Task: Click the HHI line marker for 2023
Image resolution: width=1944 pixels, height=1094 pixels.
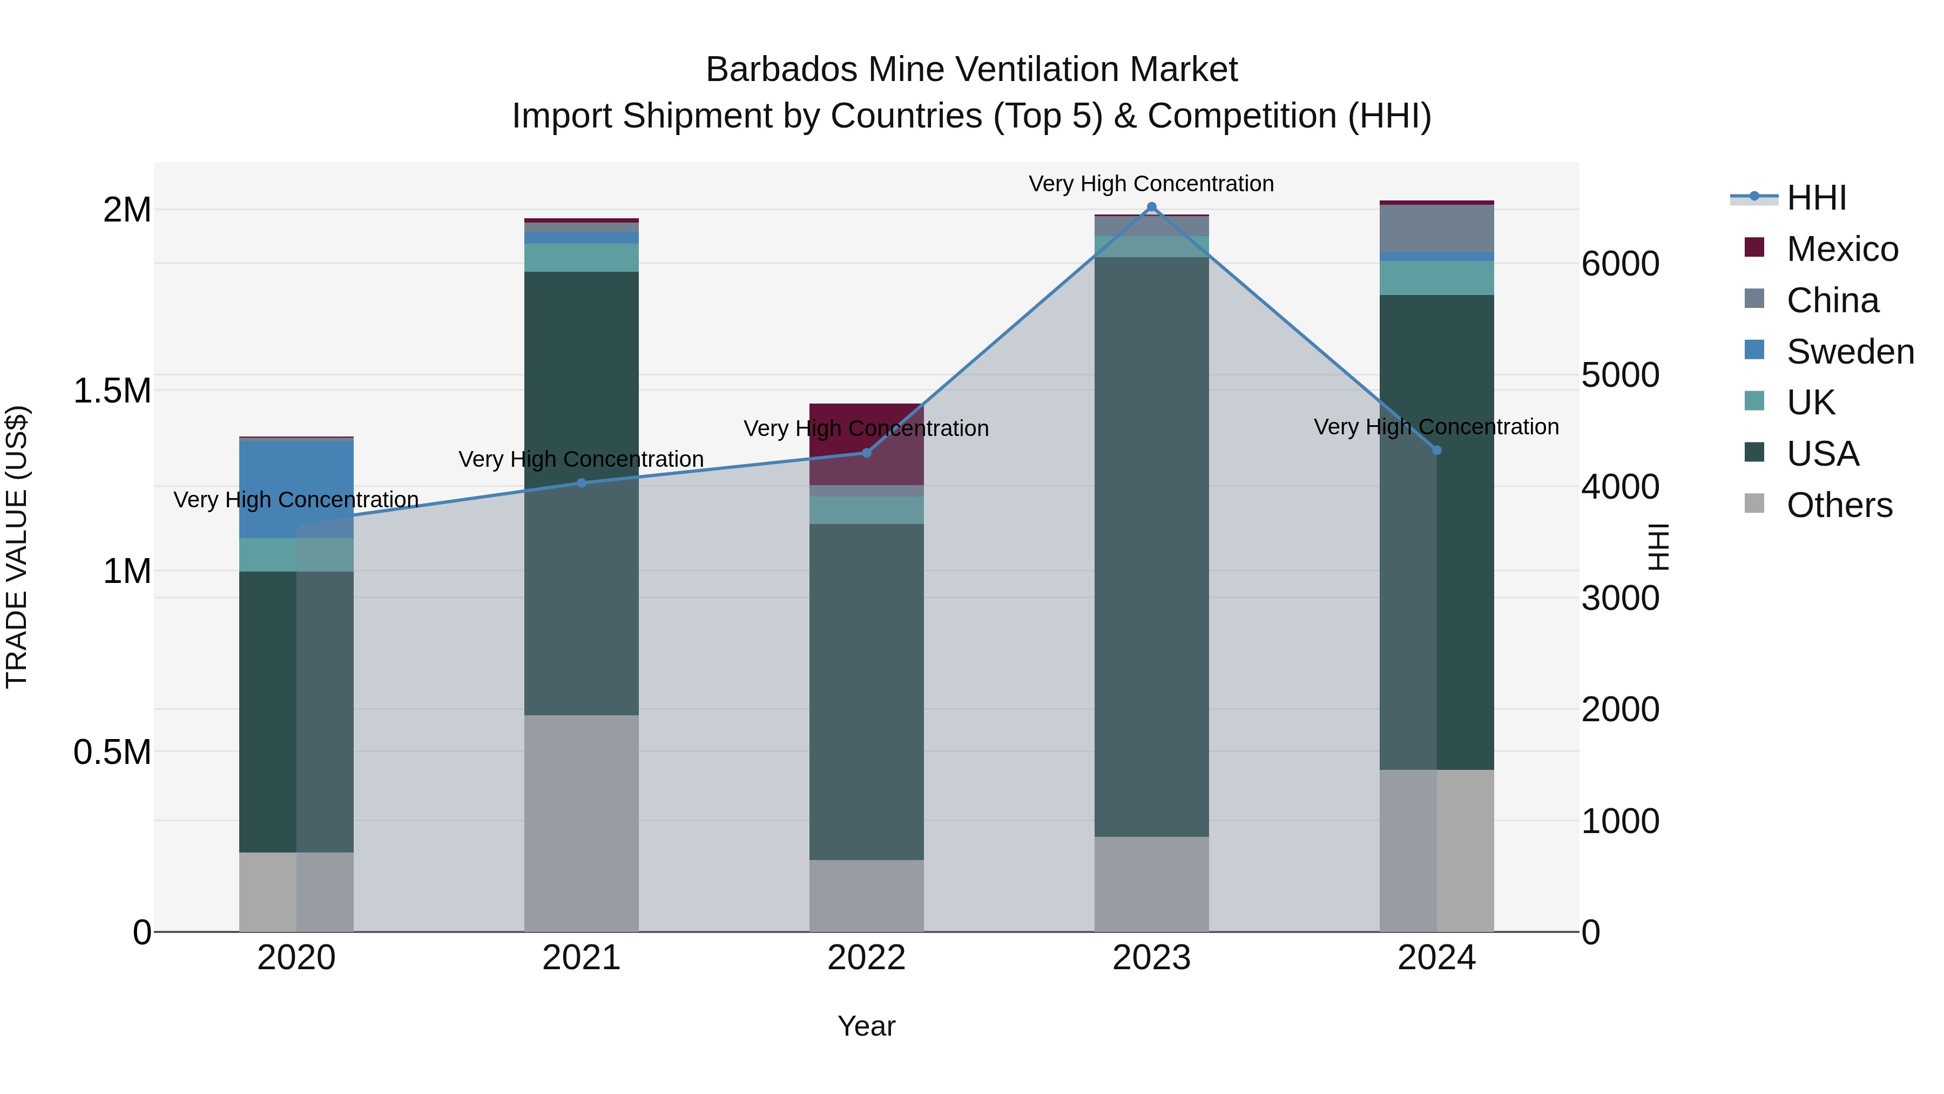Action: pyautogui.click(x=1152, y=207)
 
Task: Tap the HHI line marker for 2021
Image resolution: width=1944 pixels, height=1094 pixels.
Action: pyautogui.click(x=581, y=483)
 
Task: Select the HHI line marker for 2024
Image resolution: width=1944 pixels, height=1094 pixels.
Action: pyautogui.click(x=1437, y=450)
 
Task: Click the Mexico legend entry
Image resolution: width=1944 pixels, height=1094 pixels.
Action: pyautogui.click(x=1841, y=249)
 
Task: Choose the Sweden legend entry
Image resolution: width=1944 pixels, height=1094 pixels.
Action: pyautogui.click(x=1849, y=352)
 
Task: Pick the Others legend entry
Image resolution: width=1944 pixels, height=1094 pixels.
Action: pyautogui.click(x=1838, y=505)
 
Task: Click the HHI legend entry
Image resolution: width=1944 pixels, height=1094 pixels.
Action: pyautogui.click(x=1815, y=198)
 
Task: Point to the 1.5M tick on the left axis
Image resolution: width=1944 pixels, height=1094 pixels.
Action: pyautogui.click(x=112, y=391)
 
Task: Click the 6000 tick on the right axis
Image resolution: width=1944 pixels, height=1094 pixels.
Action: pyautogui.click(x=1620, y=264)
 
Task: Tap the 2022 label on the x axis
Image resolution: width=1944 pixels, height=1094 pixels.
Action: pyautogui.click(x=866, y=958)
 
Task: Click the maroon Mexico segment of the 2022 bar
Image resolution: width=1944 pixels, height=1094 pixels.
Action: pyautogui.click(x=866, y=444)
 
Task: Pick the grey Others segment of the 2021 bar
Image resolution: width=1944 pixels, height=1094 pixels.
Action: pyautogui.click(x=581, y=823)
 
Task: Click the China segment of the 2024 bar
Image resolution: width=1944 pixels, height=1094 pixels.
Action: pyautogui.click(x=1437, y=228)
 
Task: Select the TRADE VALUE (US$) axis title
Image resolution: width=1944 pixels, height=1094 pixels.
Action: pyautogui.click(x=17, y=547)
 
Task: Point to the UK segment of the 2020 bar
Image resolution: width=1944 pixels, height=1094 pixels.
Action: pyautogui.click(x=296, y=555)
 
